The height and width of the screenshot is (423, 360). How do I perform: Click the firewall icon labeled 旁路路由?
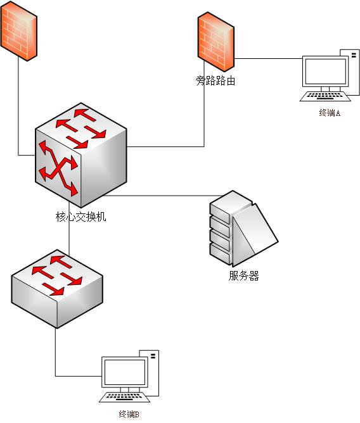215,42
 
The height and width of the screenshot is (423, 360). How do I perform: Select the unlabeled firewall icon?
18,31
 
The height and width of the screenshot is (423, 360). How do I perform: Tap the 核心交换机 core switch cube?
80,155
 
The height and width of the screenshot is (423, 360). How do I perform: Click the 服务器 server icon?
243,229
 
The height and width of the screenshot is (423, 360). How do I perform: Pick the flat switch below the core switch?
57,289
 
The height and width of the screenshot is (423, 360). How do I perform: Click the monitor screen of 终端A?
325,71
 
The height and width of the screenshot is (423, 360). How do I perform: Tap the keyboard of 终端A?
325,96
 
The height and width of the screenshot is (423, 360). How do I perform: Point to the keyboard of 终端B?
124,397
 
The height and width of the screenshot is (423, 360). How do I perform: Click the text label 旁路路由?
215,80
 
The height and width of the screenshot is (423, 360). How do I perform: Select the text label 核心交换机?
81,217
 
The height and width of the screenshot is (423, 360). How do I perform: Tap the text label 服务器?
243,275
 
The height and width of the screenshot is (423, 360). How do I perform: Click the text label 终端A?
330,113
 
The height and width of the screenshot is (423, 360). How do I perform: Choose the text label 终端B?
129,414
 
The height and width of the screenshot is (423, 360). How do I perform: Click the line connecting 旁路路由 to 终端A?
268,58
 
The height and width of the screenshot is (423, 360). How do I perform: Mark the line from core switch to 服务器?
163,195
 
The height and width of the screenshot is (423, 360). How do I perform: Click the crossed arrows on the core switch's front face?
58,168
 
